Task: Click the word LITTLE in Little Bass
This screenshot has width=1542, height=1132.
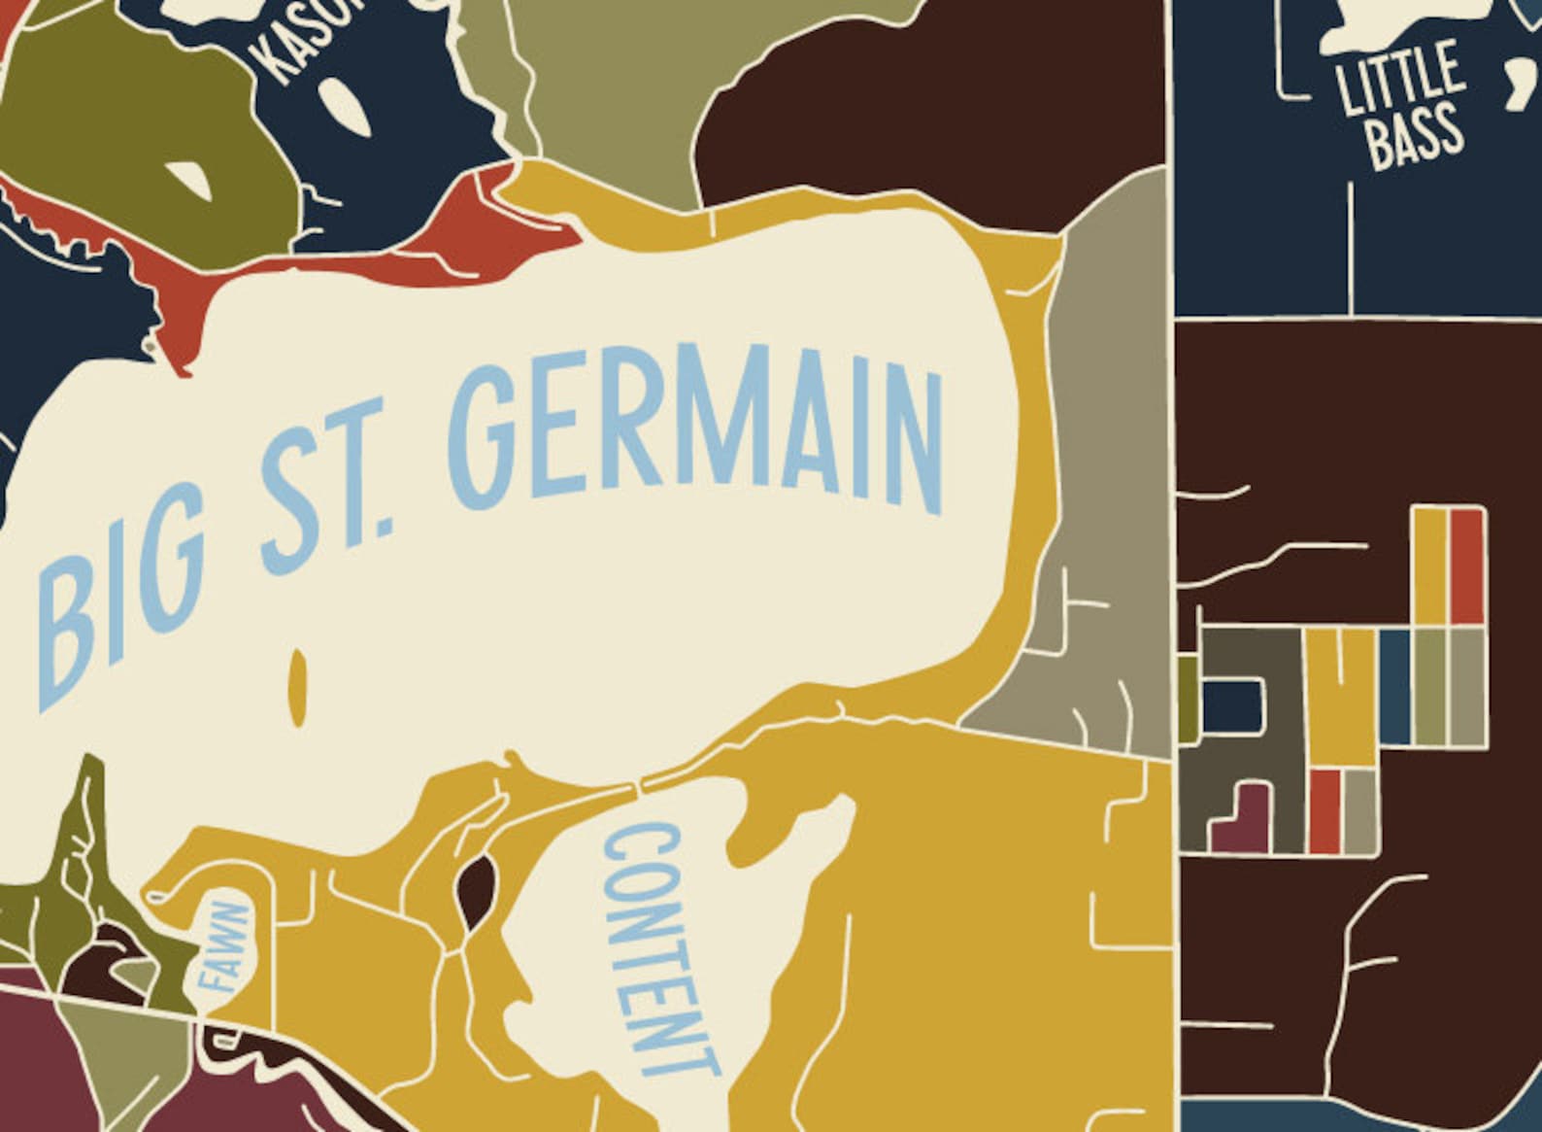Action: [x=1398, y=78]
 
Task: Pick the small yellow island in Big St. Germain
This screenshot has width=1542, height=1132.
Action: [x=299, y=685]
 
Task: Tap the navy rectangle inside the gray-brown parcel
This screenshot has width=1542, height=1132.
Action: [x=1234, y=703]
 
